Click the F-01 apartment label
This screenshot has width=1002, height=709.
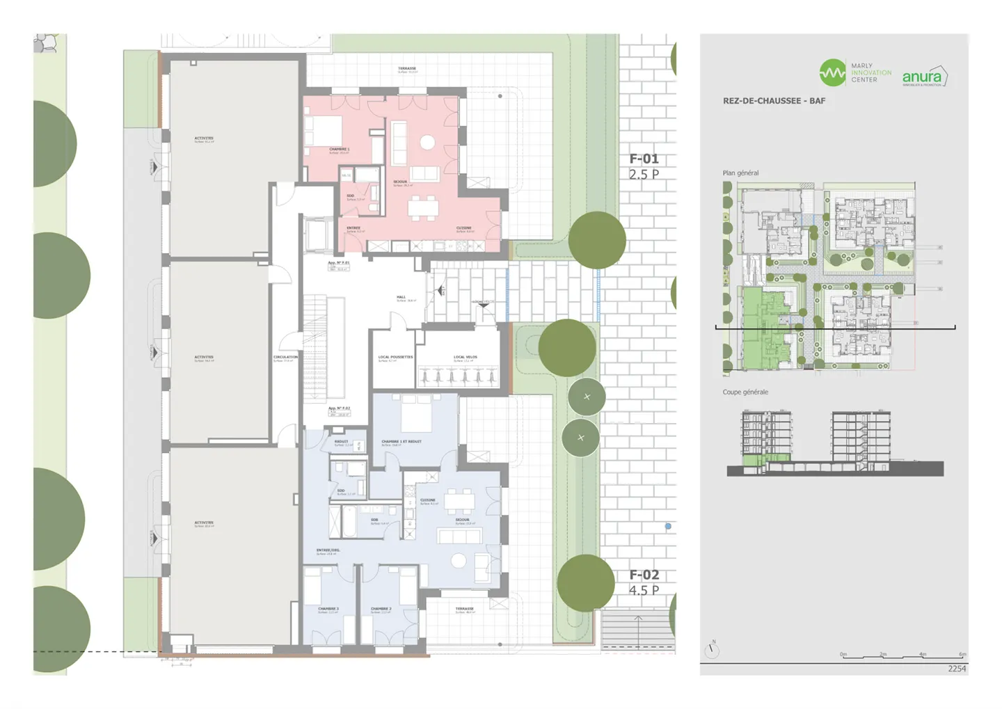point(644,159)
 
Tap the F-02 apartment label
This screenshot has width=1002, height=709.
point(644,575)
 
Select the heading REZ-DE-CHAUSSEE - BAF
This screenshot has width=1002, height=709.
point(774,101)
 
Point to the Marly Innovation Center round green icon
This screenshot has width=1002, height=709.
point(832,72)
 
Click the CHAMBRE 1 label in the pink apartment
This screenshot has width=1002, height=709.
point(339,150)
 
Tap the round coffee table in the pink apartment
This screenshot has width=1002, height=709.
point(427,143)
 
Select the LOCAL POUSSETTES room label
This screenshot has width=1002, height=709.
point(395,358)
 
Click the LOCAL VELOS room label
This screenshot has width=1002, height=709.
point(466,358)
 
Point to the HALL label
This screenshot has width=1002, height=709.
point(401,298)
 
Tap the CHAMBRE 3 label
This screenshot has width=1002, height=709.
point(328,610)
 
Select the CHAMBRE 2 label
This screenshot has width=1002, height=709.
point(381,610)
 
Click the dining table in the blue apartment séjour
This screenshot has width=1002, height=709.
point(459,500)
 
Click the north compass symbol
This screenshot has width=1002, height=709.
point(712,651)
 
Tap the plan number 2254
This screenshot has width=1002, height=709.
point(957,669)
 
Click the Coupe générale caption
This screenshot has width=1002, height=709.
point(745,392)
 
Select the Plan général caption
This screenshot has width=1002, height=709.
point(740,173)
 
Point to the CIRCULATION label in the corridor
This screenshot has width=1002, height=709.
point(285,358)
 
